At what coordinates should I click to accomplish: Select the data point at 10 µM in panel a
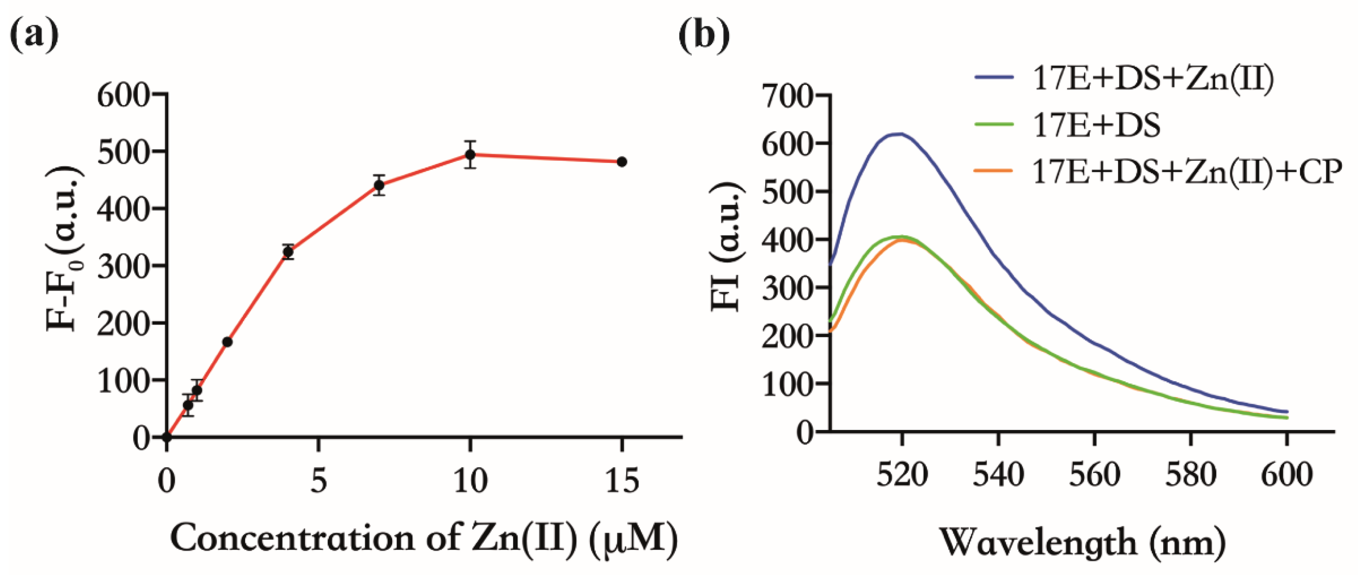(470, 154)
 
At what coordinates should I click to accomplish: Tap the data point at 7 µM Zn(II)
(379, 185)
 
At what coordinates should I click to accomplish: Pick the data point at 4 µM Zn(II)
(288, 252)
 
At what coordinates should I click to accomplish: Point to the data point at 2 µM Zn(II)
(227, 342)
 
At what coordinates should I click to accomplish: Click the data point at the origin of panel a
(167, 437)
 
